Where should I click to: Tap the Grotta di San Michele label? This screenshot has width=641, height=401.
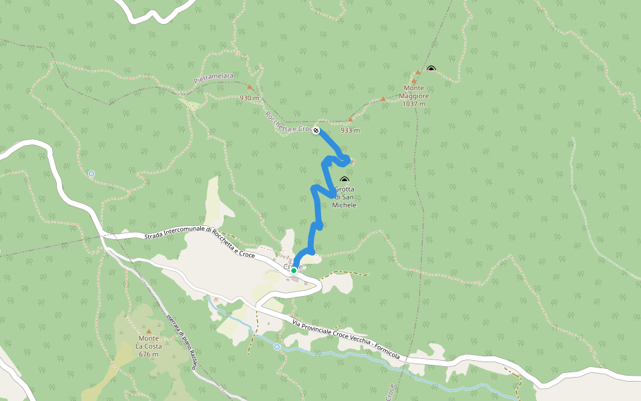(345, 197)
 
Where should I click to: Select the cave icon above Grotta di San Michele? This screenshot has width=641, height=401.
(345, 180)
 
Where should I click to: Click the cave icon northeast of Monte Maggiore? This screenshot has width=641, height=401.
(431, 69)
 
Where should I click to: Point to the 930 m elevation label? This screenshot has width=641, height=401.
(249, 98)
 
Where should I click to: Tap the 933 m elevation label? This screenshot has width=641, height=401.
(350, 130)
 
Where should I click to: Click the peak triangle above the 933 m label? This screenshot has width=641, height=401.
(350, 120)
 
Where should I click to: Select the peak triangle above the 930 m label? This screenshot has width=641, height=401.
(250, 87)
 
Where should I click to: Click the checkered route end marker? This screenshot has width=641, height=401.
(316, 130)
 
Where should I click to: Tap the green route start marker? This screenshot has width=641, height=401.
(293, 271)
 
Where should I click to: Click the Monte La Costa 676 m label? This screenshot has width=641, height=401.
(148, 350)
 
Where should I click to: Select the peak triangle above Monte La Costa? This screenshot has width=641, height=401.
(148, 331)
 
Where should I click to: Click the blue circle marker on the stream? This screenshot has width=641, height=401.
(277, 347)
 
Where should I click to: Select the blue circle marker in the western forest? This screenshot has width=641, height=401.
(91, 174)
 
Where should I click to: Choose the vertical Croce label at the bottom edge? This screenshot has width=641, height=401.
(391, 392)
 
